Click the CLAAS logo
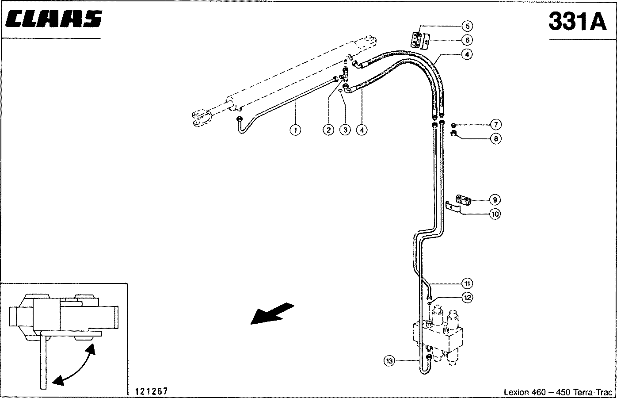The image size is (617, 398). coord(54,20)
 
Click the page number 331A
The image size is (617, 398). coord(577,21)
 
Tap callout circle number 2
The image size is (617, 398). coord(328,130)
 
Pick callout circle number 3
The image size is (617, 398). coord(345,130)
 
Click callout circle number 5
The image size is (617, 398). coord(467,25)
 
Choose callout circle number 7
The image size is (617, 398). coord(495,124)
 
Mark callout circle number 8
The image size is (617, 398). coord(495,138)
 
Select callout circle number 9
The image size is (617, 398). coord(495,199)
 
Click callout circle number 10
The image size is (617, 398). coord(495,214)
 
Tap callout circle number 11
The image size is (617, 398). coord(467,283)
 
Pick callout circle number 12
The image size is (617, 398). coord(467,298)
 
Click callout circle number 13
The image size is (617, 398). coord(389,361)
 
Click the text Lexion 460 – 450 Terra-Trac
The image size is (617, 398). coord(558,392)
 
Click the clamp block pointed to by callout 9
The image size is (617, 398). coord(464,201)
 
